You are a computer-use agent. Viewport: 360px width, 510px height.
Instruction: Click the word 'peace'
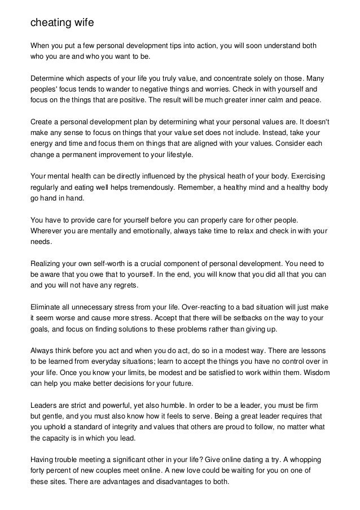tap(307, 101)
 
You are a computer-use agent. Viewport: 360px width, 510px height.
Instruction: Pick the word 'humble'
tap(169, 406)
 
